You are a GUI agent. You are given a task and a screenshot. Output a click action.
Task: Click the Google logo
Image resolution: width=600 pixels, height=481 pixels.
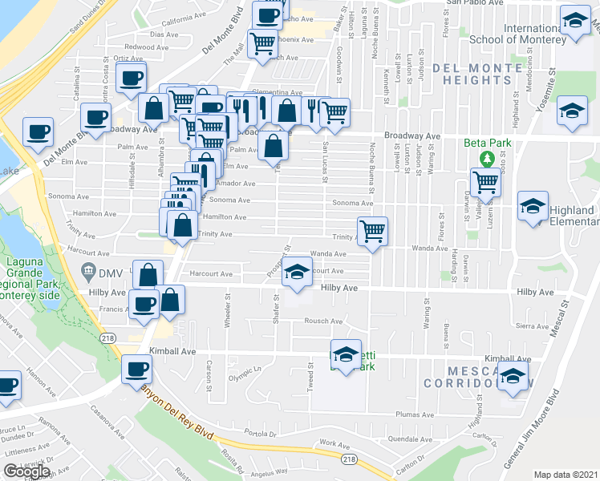(x=26, y=471)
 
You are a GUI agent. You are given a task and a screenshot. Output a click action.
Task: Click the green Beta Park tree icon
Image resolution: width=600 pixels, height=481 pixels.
(x=484, y=158)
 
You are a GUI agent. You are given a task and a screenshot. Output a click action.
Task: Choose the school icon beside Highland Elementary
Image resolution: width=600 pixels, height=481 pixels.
(x=533, y=208)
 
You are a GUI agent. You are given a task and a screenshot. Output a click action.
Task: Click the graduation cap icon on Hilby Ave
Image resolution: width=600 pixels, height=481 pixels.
(x=297, y=273)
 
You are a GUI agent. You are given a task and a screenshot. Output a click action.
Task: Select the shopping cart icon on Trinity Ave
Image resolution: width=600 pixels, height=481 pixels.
(x=372, y=232)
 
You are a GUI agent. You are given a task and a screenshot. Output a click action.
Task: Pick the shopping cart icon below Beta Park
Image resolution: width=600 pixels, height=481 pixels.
(x=484, y=183)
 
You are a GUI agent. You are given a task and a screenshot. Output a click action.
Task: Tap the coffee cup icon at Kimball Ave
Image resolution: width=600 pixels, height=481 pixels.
(x=136, y=370)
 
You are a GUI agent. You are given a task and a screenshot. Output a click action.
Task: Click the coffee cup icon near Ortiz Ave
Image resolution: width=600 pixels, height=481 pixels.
(x=131, y=79)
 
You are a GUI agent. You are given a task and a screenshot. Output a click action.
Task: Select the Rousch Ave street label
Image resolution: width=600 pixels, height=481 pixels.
(x=323, y=321)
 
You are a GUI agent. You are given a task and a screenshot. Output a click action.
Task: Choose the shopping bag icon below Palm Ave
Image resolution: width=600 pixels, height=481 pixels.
(x=274, y=146)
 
